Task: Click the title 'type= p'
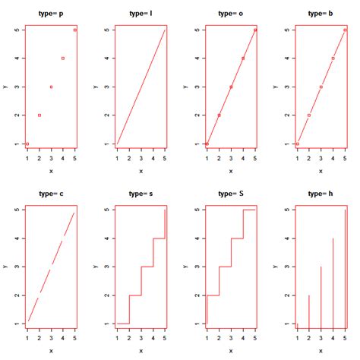tap(51, 14)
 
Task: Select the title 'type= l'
tap(141, 14)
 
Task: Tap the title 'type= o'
tap(231, 14)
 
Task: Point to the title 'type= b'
tap(321, 14)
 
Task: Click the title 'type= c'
tap(51, 194)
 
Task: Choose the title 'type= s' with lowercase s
tap(141, 194)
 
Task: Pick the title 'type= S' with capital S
tap(231, 194)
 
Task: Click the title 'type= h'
tap(321, 194)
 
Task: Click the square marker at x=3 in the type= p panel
tap(51, 87)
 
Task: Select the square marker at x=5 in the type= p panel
tap(75, 30)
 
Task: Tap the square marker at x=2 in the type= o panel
tap(219, 115)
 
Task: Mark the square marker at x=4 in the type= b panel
tap(333, 58)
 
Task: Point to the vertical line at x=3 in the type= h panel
tap(321, 295)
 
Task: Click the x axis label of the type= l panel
tap(141, 171)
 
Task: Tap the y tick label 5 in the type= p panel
tap(16, 30)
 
